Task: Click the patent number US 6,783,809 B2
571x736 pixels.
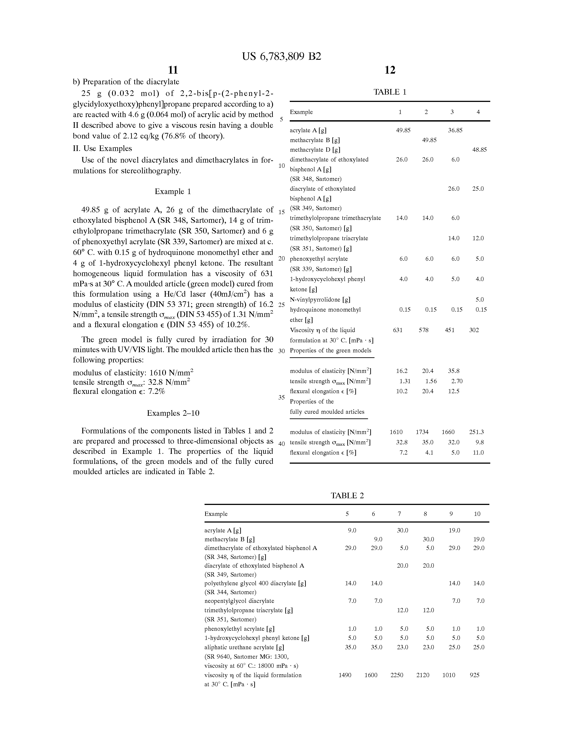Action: [x=281, y=56]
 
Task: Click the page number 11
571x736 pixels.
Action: [x=173, y=70]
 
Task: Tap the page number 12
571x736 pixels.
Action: [x=390, y=70]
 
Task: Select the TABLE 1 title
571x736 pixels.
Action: [x=390, y=92]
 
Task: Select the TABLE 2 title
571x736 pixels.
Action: [x=347, y=495]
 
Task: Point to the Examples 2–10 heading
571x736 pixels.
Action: [x=173, y=413]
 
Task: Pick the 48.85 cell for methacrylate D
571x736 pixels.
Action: [x=479, y=150]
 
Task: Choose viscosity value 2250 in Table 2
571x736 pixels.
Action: [x=397, y=675]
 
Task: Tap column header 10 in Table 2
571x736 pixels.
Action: [x=477, y=514]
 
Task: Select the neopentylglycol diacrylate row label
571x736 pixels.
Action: [x=239, y=601]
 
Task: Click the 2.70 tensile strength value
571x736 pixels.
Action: [x=457, y=381]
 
